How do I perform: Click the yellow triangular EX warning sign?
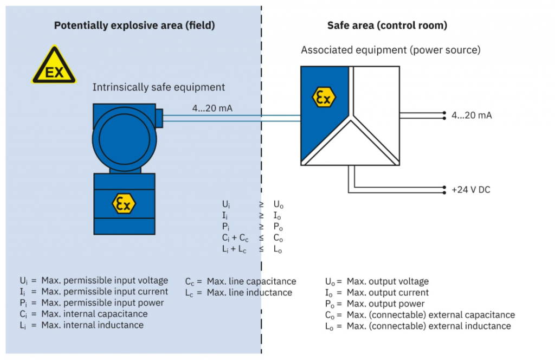point(54,67)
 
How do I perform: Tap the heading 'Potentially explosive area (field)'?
point(134,25)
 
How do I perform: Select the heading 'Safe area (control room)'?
point(387,25)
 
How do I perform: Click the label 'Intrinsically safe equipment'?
point(158,87)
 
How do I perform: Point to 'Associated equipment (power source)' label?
point(391,50)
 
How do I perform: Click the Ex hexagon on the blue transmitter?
point(124,203)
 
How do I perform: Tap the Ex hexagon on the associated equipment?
point(324,98)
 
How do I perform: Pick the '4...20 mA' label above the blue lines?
point(212,108)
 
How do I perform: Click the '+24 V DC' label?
point(470,190)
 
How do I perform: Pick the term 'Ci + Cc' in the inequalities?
point(236,238)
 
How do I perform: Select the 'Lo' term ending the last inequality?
point(279,249)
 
